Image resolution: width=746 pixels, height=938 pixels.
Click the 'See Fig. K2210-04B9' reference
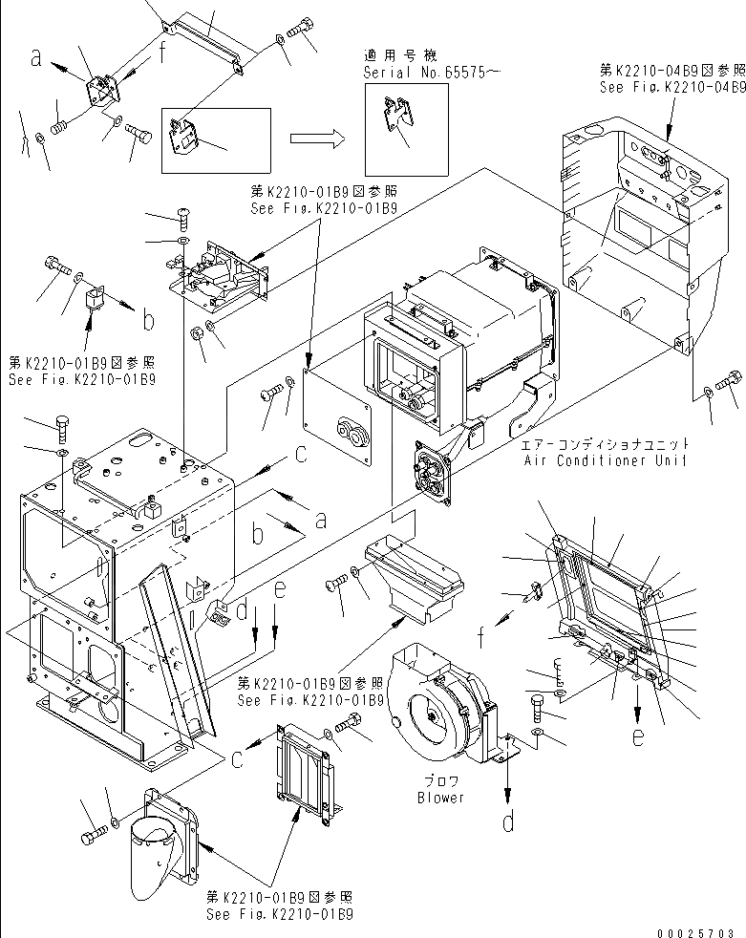coord(672,86)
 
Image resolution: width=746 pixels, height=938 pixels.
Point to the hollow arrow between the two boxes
coord(316,139)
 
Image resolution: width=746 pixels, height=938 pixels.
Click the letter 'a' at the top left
coord(36,59)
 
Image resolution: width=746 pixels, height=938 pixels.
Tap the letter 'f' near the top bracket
coord(164,53)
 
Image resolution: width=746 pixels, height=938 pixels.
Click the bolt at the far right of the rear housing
coord(728,377)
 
